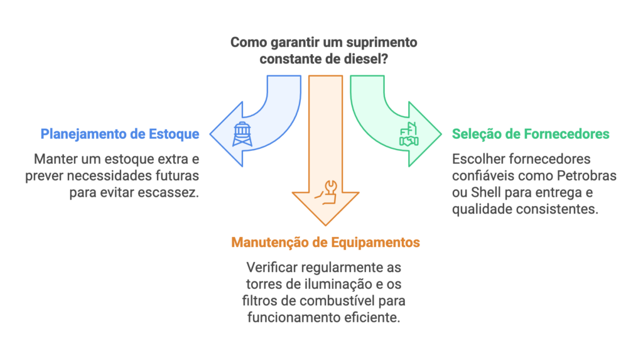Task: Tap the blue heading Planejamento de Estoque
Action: (x=120, y=134)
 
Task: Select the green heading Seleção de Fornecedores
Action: (x=531, y=134)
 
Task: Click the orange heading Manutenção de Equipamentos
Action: (x=326, y=242)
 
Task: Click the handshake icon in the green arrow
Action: (x=409, y=136)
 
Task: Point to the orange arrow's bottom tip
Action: (x=326, y=224)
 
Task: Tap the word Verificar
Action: (x=271, y=267)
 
